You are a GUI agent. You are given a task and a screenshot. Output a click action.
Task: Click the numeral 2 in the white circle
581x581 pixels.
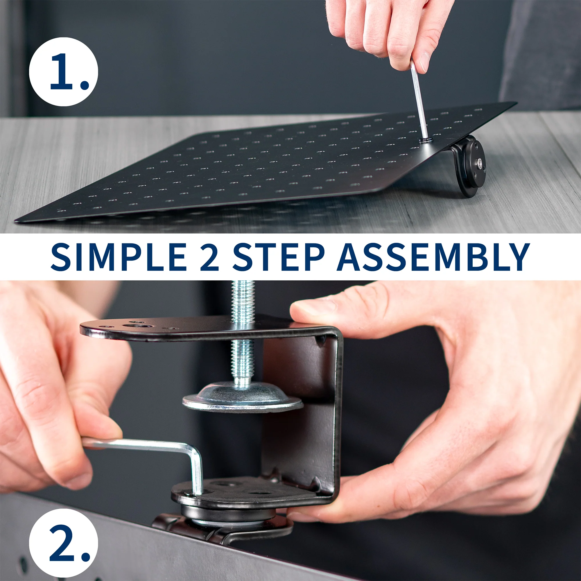tap(62, 543)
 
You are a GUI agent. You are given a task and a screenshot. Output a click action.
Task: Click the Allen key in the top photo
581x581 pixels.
tap(419, 99)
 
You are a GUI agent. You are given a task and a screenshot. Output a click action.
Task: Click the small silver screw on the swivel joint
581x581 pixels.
tap(480, 164)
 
